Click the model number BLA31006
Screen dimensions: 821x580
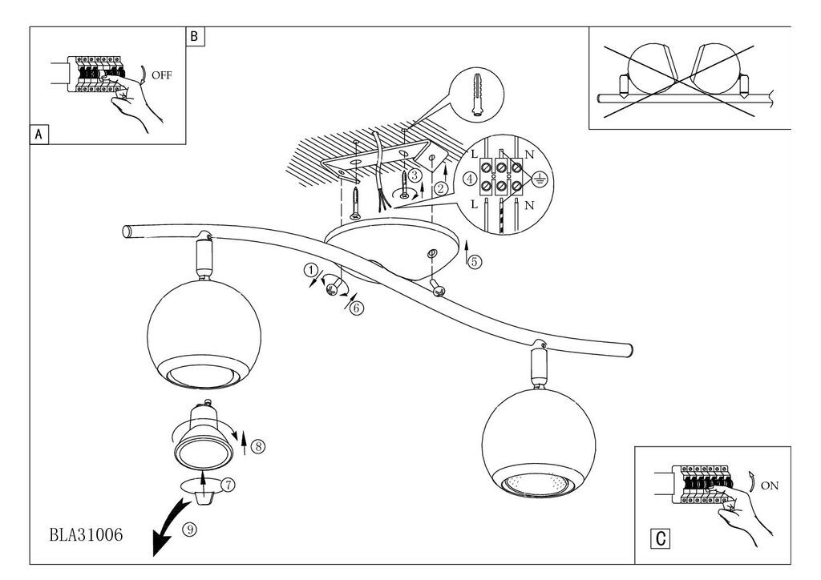click(x=87, y=534)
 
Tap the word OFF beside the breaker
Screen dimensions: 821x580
click(x=162, y=75)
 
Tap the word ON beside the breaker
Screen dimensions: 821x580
click(x=770, y=485)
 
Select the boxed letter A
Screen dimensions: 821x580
click(x=38, y=135)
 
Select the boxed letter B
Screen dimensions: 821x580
click(x=195, y=36)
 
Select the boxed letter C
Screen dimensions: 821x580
click(x=661, y=538)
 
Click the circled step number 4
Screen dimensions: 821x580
click(x=470, y=179)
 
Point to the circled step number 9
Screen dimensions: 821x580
click(x=189, y=530)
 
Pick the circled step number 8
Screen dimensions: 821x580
click(x=258, y=446)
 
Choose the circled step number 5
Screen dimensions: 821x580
click(x=475, y=261)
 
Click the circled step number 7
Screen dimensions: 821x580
click(x=228, y=485)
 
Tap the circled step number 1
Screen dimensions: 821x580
click(x=310, y=271)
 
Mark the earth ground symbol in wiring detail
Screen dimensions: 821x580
click(x=539, y=179)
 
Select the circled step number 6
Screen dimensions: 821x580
click(x=357, y=308)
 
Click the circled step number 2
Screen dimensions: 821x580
click(x=442, y=188)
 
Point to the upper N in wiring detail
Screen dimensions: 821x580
click(x=529, y=155)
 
